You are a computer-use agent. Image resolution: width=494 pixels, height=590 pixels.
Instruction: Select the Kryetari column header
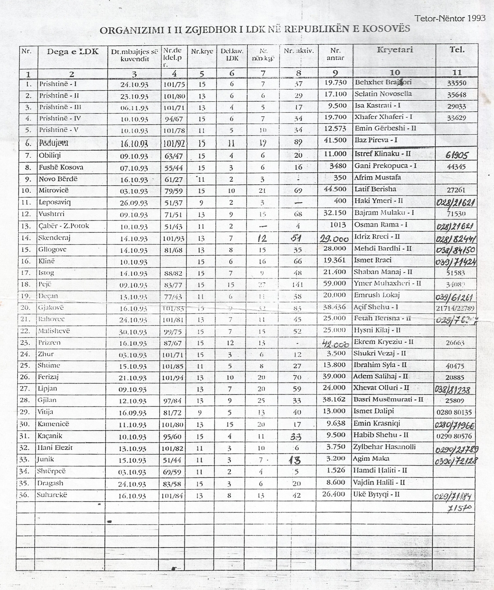(395, 50)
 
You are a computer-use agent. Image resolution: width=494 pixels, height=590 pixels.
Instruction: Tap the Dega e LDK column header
(73, 51)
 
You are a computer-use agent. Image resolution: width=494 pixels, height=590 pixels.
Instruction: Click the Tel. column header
(457, 50)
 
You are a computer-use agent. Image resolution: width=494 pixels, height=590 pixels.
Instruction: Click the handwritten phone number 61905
(457, 155)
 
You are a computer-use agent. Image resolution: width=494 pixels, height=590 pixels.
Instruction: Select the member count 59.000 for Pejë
(335, 283)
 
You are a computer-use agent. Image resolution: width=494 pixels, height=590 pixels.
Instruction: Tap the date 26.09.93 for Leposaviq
(134, 203)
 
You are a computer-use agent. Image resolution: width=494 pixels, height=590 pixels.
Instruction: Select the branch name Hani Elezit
(55, 448)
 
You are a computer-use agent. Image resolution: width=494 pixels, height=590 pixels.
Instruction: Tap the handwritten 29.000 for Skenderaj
(334, 239)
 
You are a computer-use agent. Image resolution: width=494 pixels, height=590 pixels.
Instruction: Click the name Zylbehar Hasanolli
(384, 447)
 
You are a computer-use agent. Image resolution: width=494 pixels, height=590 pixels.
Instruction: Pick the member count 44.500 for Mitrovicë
(335, 189)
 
